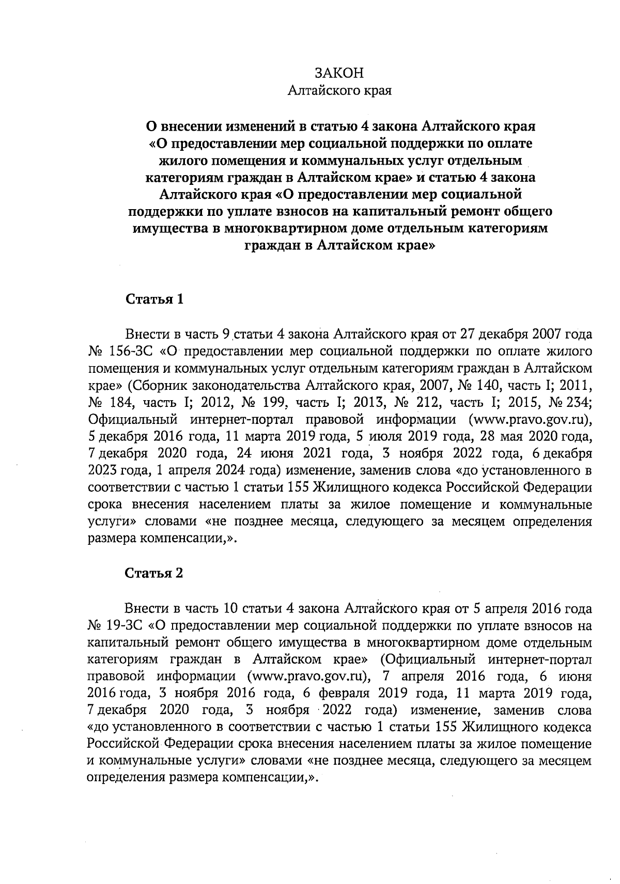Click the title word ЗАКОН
tap(339, 73)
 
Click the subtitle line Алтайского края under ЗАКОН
tap(339, 91)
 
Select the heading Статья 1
tap(154, 299)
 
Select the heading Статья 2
tap(154, 574)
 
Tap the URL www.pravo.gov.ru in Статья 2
tap(307, 677)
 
